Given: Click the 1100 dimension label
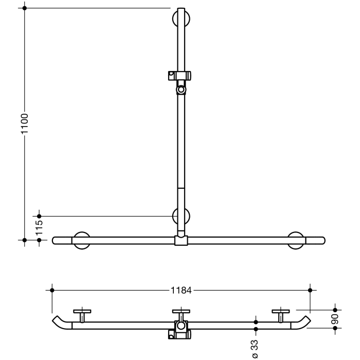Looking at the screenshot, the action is (x=24, y=123).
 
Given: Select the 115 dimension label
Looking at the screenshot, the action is (x=39, y=228).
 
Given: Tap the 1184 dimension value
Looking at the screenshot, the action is (x=181, y=291).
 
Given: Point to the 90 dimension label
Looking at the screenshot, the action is (x=335, y=319).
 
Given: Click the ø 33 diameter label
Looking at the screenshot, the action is (x=255, y=349).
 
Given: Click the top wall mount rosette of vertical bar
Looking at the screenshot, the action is (x=181, y=19).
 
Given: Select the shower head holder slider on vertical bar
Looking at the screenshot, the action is (x=180, y=76).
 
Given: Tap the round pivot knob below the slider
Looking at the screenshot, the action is (x=181, y=90).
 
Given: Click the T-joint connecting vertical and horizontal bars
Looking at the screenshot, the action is (x=181, y=240).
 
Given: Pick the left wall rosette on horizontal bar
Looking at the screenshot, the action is (x=82, y=240).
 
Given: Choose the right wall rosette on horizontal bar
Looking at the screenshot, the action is (x=296, y=240).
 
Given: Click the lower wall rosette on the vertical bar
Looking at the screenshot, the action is (x=181, y=217).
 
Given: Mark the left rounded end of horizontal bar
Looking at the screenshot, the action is (x=55, y=240).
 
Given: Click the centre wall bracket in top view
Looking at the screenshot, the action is (x=181, y=315).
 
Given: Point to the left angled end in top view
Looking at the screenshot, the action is (x=60, y=322).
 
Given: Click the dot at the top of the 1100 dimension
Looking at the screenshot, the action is (x=25, y=8).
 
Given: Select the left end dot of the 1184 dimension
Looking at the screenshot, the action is (x=52, y=290).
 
